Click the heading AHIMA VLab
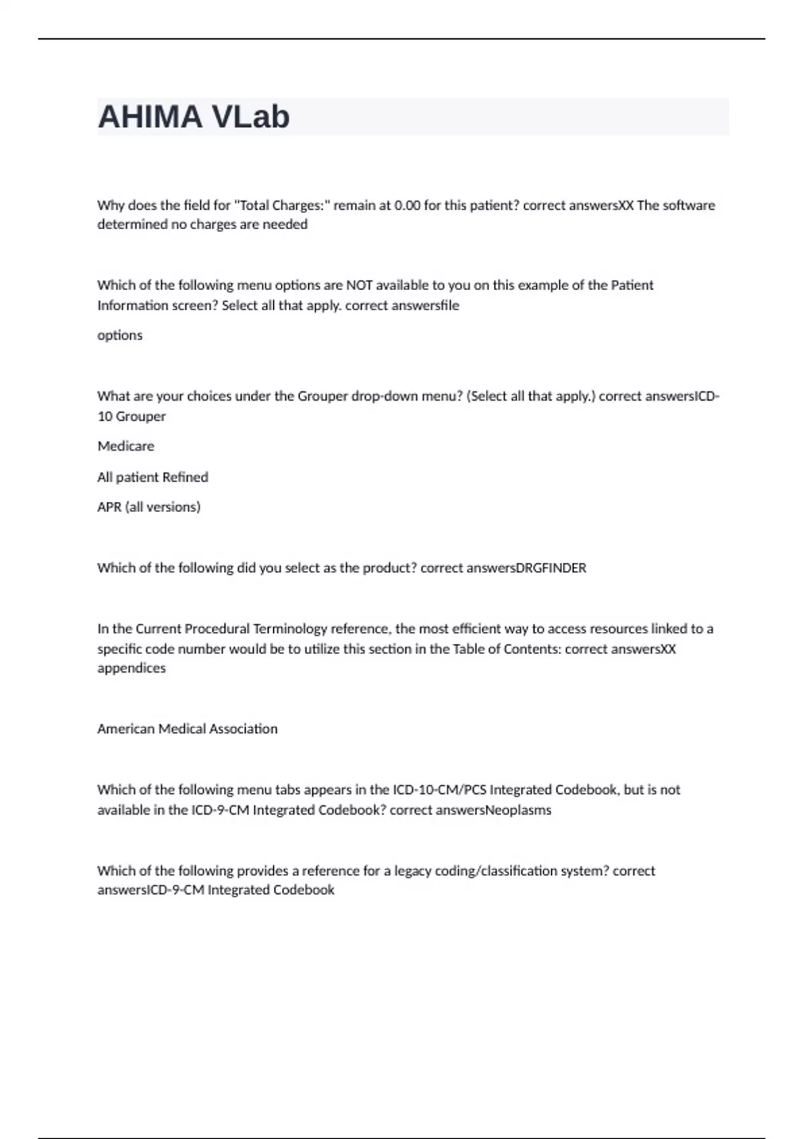(x=194, y=117)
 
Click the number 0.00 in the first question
(x=407, y=205)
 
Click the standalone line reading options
(x=120, y=335)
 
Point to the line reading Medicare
(x=126, y=446)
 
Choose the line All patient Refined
(x=153, y=477)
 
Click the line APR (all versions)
(x=149, y=507)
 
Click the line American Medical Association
(x=188, y=729)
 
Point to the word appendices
(x=131, y=668)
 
